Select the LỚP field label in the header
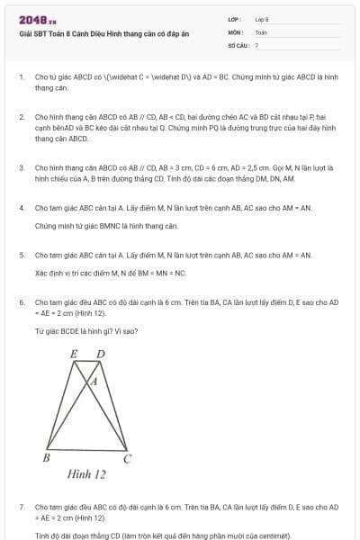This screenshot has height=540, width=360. [234, 19]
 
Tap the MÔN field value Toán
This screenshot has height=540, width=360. [261, 31]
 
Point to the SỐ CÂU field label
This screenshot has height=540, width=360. [238, 44]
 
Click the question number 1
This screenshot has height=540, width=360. [21, 76]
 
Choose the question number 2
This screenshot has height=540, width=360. [21, 117]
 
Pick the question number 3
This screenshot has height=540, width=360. [21, 167]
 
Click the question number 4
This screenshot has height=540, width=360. [21, 208]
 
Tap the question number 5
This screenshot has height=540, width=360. [21, 256]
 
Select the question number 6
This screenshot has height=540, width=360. [21, 302]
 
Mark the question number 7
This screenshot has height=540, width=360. [21, 508]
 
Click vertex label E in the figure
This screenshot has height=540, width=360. [73, 355]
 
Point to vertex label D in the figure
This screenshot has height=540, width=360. [100, 354]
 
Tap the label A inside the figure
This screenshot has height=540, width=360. [93, 382]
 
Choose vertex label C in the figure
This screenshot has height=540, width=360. [127, 459]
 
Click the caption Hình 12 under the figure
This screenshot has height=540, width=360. [86, 474]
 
